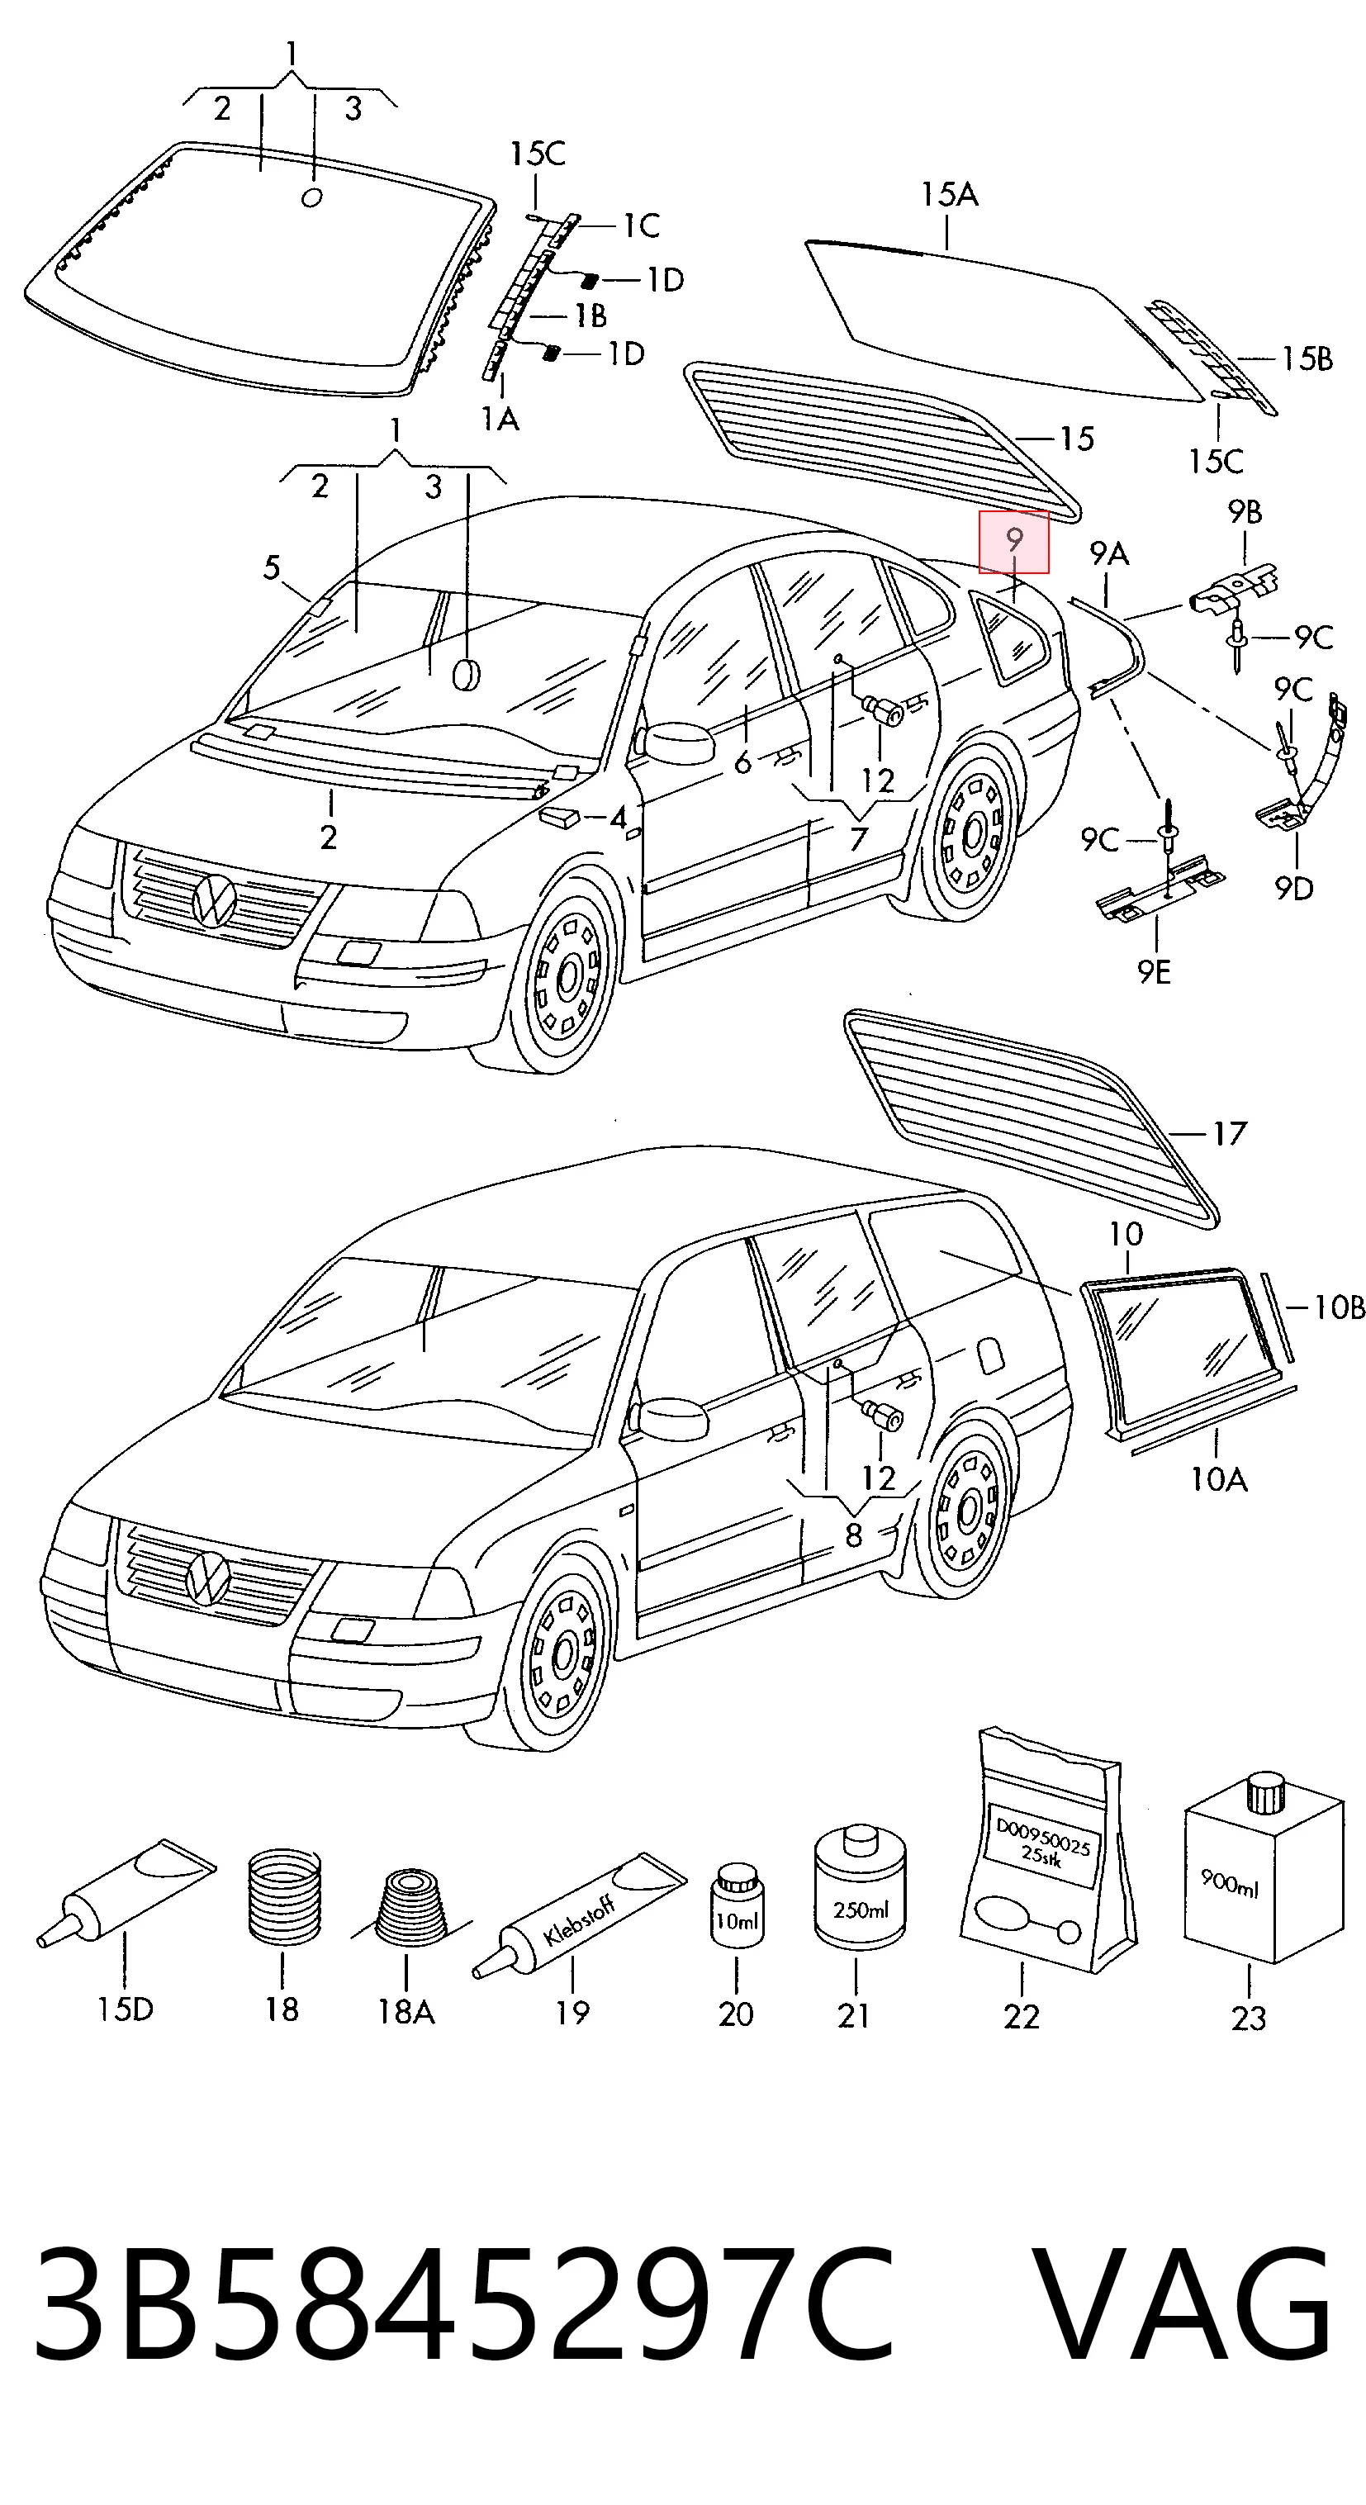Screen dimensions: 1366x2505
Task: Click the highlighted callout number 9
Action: point(1014,541)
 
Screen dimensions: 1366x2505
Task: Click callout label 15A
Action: point(950,196)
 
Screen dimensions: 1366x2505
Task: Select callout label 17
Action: point(1229,1134)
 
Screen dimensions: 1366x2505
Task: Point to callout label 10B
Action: point(1339,1308)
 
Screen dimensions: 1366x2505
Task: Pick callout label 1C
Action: point(641,225)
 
